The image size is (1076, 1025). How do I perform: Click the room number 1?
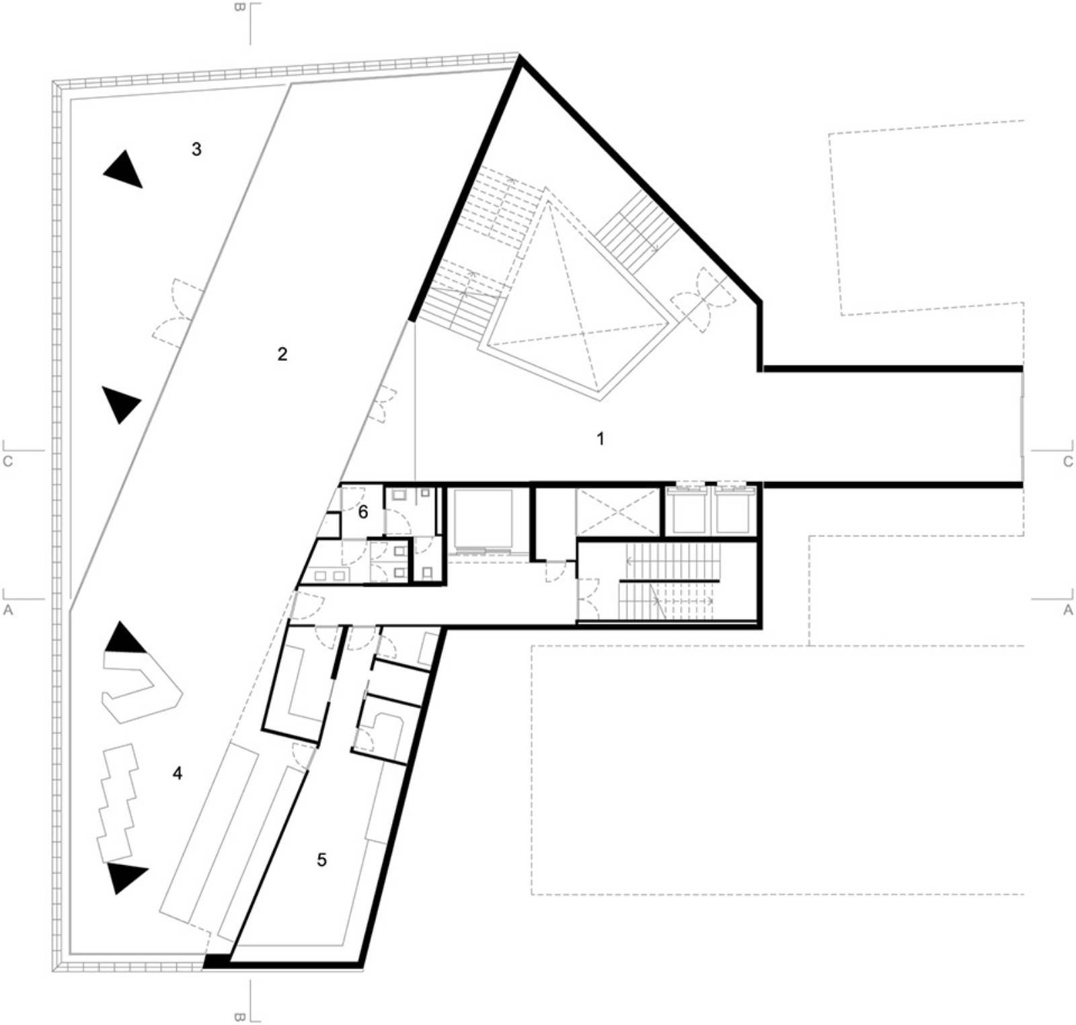[601, 439]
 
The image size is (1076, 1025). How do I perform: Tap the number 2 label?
[282, 354]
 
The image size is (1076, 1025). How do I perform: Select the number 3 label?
[196, 149]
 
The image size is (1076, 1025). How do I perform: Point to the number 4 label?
[178, 774]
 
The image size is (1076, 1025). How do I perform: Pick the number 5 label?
[321, 860]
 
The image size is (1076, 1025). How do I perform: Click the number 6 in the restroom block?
[363, 513]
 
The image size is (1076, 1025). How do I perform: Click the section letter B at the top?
[239, 7]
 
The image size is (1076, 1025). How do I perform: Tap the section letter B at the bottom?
[239, 1017]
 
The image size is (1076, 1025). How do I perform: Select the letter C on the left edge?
[8, 462]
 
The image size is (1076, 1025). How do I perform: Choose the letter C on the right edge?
[1068, 462]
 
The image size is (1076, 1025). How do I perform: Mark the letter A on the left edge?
[8, 610]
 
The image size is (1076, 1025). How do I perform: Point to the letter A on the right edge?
[1068, 610]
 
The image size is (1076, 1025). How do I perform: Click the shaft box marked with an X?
[618, 512]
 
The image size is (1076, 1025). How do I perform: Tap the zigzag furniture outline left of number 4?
[117, 803]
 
